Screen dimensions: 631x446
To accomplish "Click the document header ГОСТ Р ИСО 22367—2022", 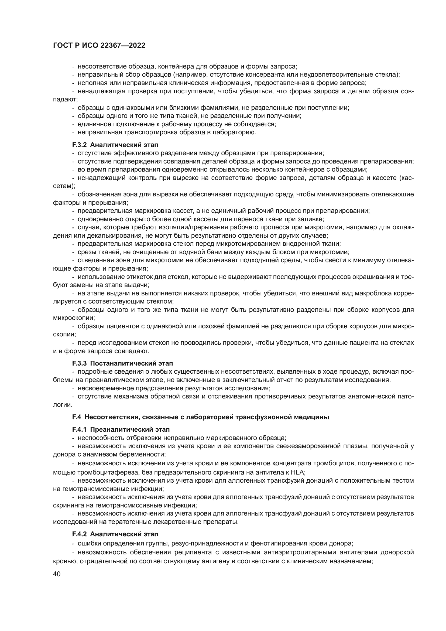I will [99, 46].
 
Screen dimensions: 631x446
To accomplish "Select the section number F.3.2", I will [80, 145].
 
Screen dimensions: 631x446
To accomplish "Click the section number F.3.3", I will [80, 363].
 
